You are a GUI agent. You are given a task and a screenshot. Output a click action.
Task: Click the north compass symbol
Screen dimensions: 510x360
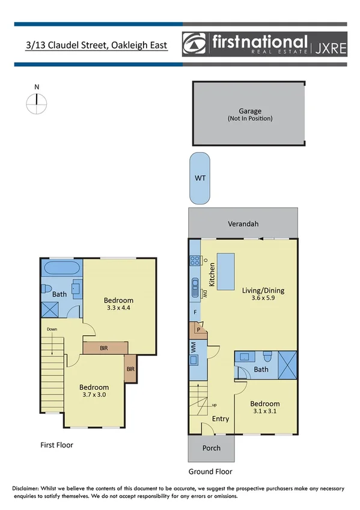37,103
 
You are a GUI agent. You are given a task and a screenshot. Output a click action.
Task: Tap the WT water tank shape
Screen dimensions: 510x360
199,178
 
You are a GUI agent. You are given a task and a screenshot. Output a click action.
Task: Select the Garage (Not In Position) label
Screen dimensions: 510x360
250,115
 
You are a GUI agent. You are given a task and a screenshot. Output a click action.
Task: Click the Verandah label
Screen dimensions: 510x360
243,224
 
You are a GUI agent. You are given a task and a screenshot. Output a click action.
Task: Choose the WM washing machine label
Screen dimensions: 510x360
194,346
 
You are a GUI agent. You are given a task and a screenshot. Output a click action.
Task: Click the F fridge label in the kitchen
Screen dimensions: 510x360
195,312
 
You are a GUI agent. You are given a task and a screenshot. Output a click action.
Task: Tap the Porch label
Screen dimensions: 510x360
211,448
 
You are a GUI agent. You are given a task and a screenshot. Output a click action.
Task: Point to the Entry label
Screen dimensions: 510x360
220,419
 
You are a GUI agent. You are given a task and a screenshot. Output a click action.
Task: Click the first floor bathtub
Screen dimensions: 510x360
61,268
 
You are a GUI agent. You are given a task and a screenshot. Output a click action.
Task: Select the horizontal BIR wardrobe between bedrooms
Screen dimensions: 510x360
105,348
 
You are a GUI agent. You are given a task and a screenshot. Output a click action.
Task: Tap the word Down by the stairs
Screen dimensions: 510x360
52,329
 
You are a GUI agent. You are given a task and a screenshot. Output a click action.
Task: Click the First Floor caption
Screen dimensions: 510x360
57,446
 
